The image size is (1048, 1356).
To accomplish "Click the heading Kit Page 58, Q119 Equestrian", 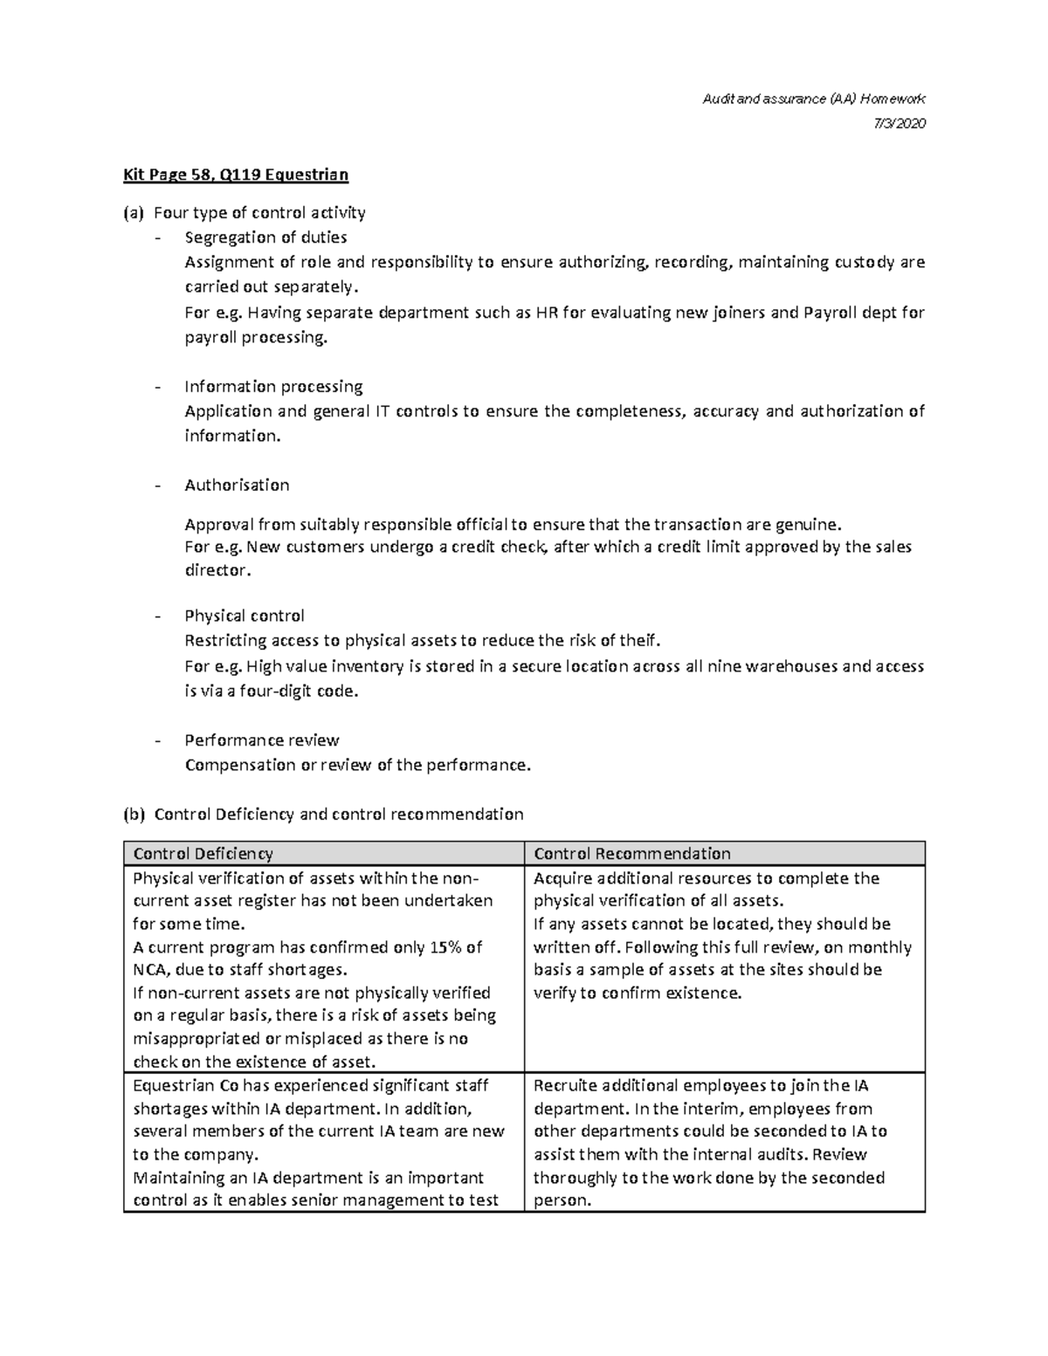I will [236, 175].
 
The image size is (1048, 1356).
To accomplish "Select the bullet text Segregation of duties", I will [265, 237].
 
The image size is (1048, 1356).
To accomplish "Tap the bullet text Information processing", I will [273, 386].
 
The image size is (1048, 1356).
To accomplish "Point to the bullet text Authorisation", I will [237, 485].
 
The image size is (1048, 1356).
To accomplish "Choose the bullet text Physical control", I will [245, 616].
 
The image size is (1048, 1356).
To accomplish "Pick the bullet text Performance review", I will [261, 740].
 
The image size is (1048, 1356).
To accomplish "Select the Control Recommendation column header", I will [631, 853].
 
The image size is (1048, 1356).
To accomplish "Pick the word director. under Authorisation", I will [217, 570].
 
